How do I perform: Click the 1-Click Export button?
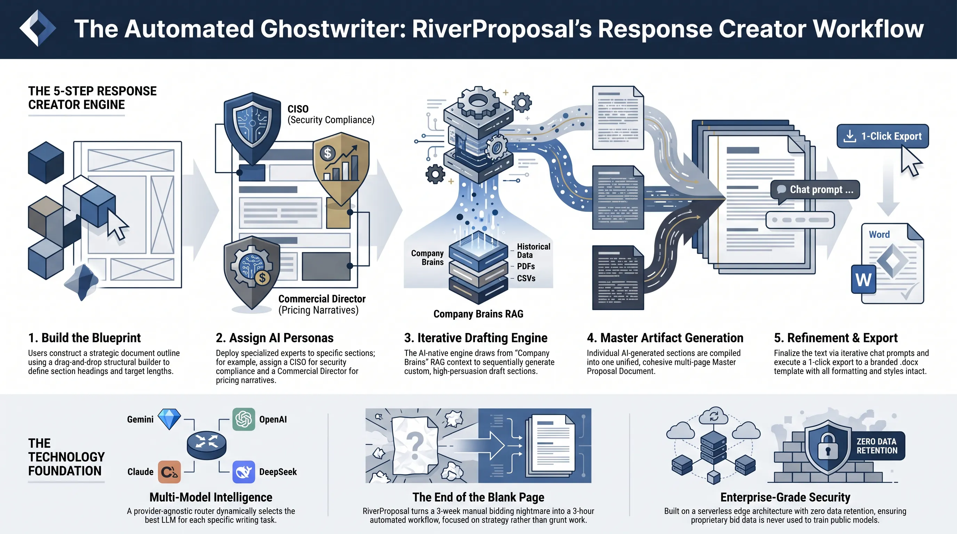pyautogui.click(x=882, y=136)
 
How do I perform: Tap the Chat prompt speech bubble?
pyautogui.click(x=815, y=190)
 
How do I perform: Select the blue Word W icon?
pyautogui.click(x=863, y=279)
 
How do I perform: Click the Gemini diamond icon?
pyautogui.click(x=169, y=419)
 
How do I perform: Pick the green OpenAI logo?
pyautogui.click(x=244, y=419)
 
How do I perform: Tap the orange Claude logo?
pyautogui.click(x=169, y=472)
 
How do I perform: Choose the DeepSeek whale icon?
pyautogui.click(x=244, y=472)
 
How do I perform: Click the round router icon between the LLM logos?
pyautogui.click(x=207, y=445)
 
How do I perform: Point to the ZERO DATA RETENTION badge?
pyautogui.click(x=877, y=446)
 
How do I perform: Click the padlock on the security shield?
pyautogui.click(x=828, y=446)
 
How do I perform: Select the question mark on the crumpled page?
pyautogui.click(x=415, y=446)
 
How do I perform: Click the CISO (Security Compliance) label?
pyautogui.click(x=331, y=114)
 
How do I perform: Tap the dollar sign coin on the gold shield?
pyautogui.click(x=327, y=153)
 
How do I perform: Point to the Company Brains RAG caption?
pyautogui.click(x=478, y=314)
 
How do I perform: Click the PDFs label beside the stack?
pyautogui.click(x=526, y=266)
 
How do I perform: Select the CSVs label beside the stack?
pyautogui.click(x=526, y=278)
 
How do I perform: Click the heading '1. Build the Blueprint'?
pyautogui.click(x=85, y=338)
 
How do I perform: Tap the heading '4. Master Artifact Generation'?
pyautogui.click(x=665, y=338)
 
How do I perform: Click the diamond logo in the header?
pyautogui.click(x=38, y=28)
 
